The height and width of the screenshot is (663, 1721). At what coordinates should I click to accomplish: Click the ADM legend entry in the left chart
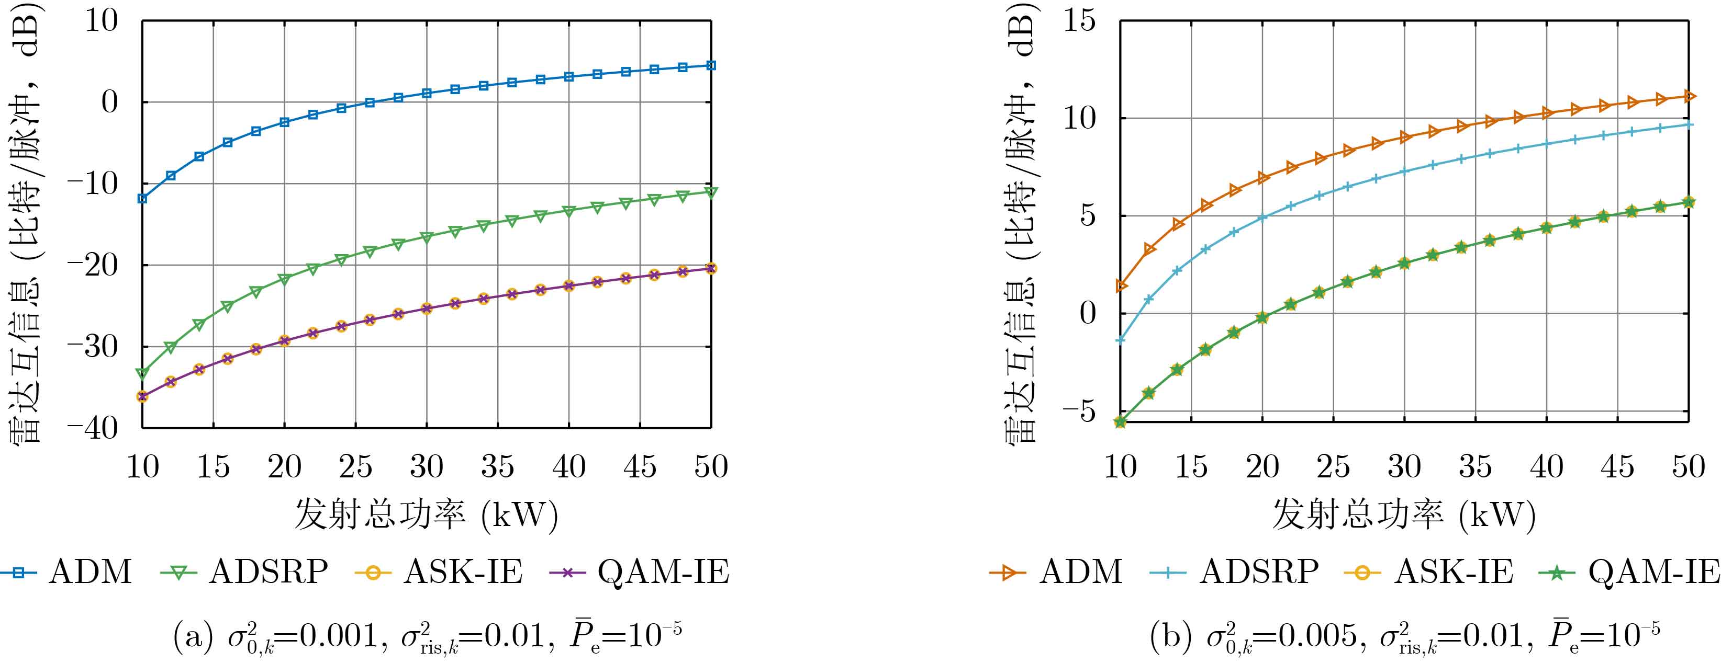pyautogui.click(x=67, y=572)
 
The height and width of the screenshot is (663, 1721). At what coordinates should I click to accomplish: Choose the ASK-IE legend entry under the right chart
pyautogui.click(x=1429, y=572)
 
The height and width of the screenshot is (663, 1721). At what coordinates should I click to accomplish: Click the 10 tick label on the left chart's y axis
pyautogui.click(x=100, y=21)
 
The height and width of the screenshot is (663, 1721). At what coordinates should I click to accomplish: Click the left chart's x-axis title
pyautogui.click(x=426, y=516)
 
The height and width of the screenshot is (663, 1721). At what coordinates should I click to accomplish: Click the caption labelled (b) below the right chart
pyautogui.click(x=1404, y=636)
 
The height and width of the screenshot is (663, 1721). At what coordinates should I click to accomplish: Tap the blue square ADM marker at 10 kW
pyautogui.click(x=142, y=198)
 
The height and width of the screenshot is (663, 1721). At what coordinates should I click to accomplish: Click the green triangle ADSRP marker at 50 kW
pyautogui.click(x=711, y=192)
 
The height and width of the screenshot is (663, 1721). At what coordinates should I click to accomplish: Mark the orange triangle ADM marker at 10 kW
pyautogui.click(x=1121, y=287)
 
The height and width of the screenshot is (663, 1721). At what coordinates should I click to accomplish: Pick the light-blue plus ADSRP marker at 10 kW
pyautogui.click(x=1121, y=340)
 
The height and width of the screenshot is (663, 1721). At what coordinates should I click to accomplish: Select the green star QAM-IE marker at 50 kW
pyautogui.click(x=1688, y=202)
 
